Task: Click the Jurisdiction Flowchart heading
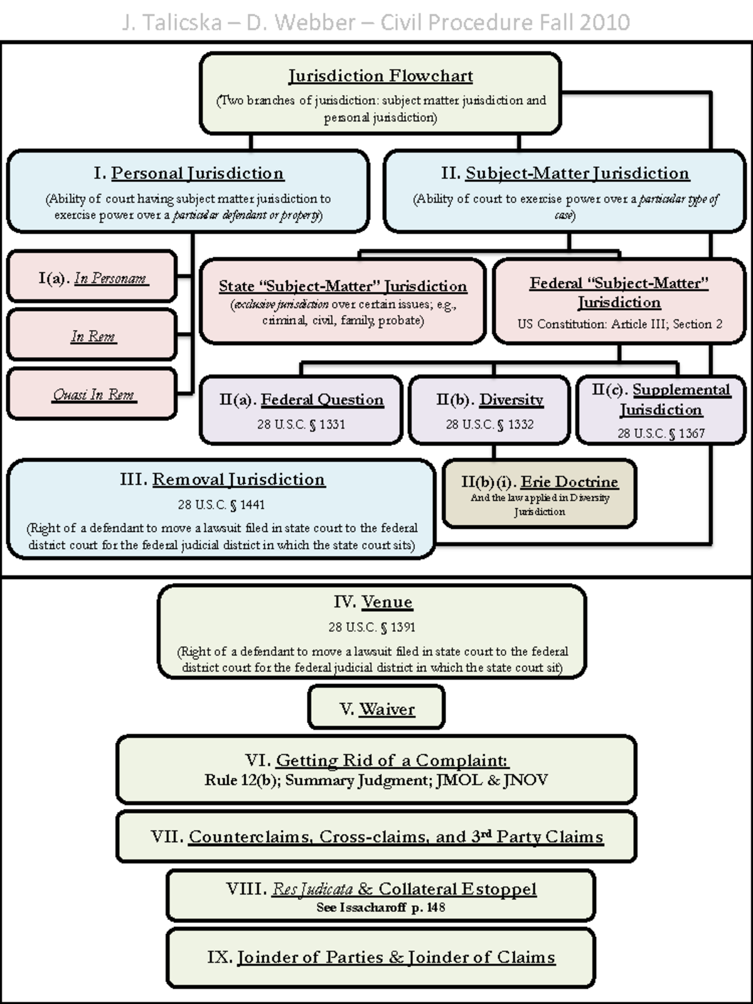[x=380, y=76]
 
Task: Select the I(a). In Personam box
[x=92, y=278]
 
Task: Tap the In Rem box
[x=92, y=336]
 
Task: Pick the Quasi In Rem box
[x=92, y=395]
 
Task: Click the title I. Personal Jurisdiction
[x=188, y=173]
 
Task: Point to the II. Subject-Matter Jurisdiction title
[x=565, y=173]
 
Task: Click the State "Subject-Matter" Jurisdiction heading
[x=343, y=286]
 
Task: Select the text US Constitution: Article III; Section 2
[x=619, y=324]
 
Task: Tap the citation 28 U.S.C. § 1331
[x=301, y=424]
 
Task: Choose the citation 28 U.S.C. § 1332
[x=489, y=424]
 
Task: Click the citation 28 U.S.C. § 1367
[x=661, y=433]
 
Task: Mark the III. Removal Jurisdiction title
[x=222, y=479]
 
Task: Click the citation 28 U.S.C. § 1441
[x=221, y=505]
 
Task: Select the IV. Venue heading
[x=373, y=602]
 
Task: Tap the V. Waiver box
[x=376, y=708]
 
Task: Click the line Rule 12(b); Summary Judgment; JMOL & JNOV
[x=376, y=780]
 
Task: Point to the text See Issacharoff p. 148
[x=380, y=907]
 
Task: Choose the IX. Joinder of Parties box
[x=381, y=957]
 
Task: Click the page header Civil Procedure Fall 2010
[x=505, y=23]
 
